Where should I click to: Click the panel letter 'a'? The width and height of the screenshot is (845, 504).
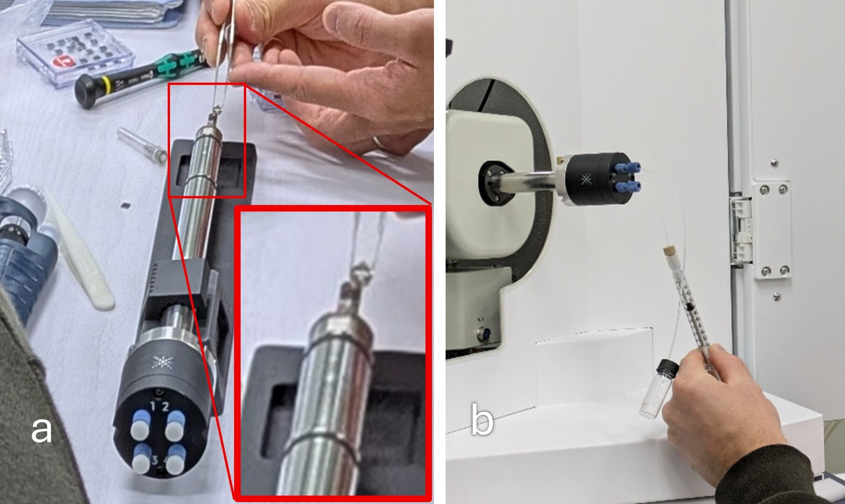pyautogui.click(x=41, y=430)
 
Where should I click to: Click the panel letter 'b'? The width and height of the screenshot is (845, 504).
pyautogui.click(x=482, y=420)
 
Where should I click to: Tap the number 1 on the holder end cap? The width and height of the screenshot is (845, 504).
pyautogui.click(x=153, y=406)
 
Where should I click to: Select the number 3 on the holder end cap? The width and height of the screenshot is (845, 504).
pyautogui.click(x=155, y=461)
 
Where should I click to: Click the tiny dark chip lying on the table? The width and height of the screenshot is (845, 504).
pyautogui.click(x=125, y=205)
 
